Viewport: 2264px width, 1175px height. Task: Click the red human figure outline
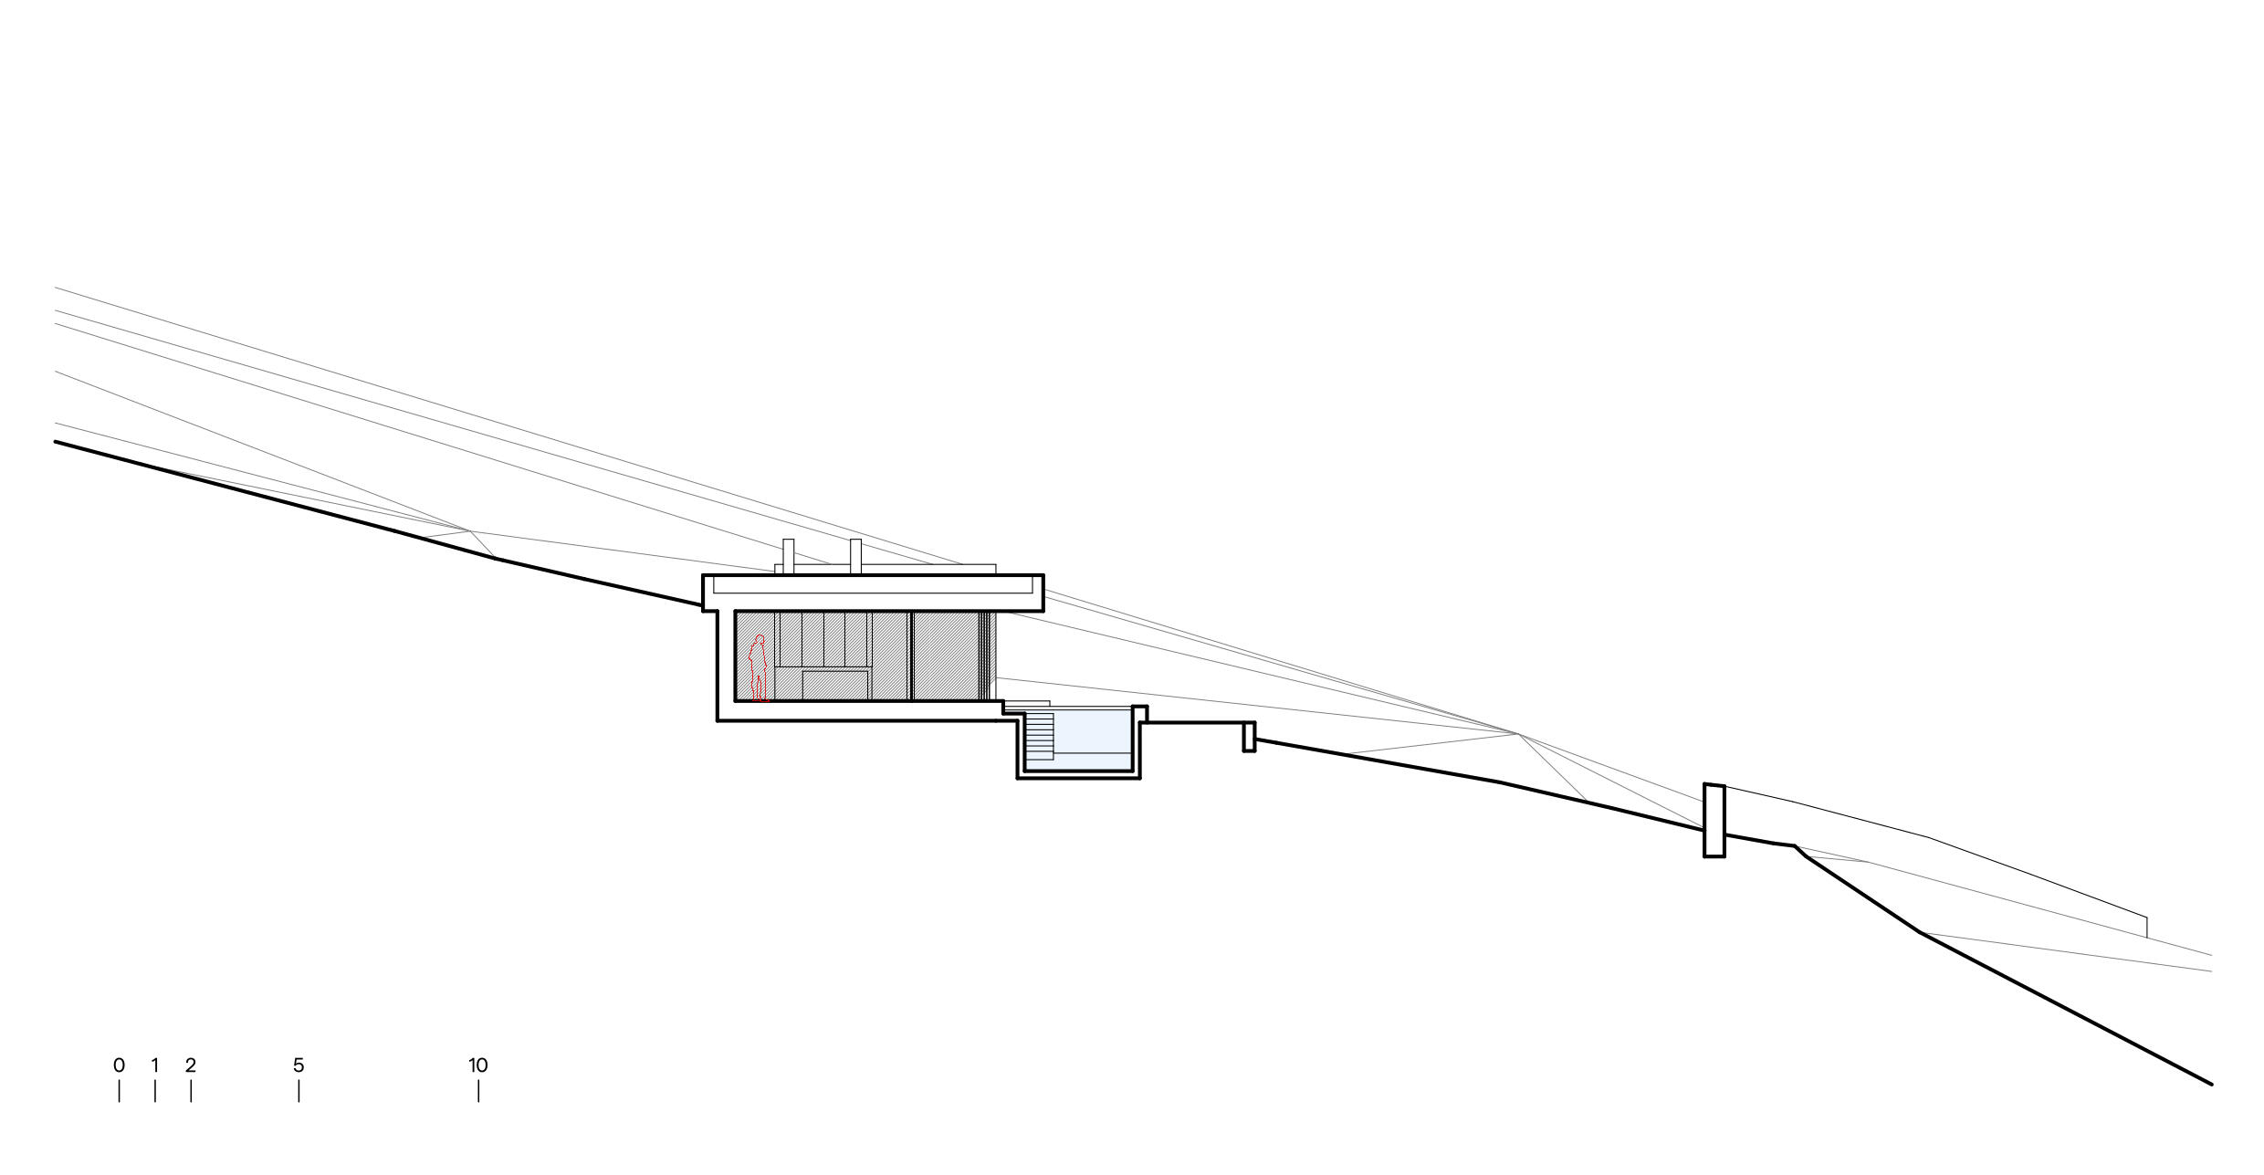coord(758,668)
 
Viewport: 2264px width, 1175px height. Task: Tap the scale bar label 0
coord(119,1065)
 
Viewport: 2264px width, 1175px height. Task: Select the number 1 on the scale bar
coord(155,1065)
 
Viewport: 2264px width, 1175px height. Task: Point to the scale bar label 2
coord(191,1065)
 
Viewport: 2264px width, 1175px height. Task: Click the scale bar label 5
coord(299,1065)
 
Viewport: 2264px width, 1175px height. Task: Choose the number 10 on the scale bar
coord(478,1065)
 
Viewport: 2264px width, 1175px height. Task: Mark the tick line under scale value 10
coord(478,1091)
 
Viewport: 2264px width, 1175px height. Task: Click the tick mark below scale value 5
coord(299,1091)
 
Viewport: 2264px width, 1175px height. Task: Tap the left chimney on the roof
coord(789,557)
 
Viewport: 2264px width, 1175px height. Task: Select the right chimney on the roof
coord(855,557)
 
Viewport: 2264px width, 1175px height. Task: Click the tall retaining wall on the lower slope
coord(1714,820)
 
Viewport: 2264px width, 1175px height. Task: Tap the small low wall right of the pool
coord(1249,737)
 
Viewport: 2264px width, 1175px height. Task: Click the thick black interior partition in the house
coord(910,656)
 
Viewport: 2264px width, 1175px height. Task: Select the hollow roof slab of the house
coord(873,592)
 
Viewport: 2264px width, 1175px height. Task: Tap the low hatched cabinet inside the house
coord(834,685)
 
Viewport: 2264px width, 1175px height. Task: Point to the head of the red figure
coord(759,639)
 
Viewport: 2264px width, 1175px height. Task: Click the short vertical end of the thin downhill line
coord(2146,927)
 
